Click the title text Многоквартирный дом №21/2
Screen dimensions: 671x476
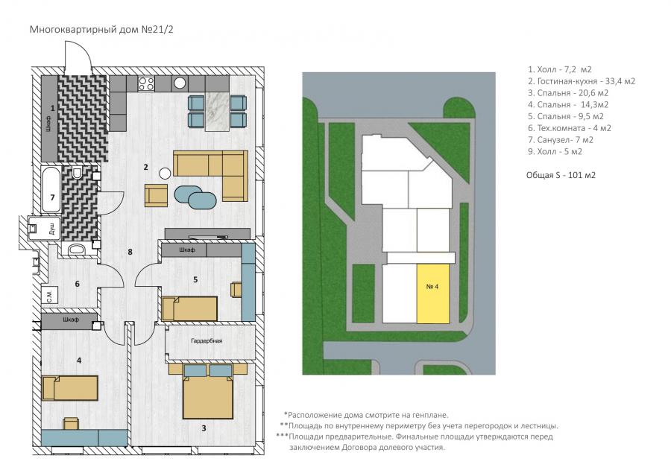[x=101, y=30]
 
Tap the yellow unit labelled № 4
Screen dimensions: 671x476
[x=433, y=293]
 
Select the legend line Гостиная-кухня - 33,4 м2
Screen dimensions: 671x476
[x=581, y=81]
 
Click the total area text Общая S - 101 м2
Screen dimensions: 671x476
[x=561, y=175]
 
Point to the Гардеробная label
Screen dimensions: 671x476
[x=207, y=341]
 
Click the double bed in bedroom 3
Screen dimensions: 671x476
[x=208, y=391]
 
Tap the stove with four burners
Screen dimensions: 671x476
[x=146, y=83]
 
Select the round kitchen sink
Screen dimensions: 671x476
[x=180, y=83]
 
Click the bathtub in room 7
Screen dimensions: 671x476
[x=51, y=189]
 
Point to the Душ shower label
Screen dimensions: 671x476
[x=52, y=229]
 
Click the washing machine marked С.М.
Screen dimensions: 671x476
[x=50, y=295]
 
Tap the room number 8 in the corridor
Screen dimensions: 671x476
[x=130, y=252]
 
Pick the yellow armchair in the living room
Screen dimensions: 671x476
[x=157, y=195]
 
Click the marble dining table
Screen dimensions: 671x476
[x=218, y=111]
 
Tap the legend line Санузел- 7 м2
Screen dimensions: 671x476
[x=560, y=140]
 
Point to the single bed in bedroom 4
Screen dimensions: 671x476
[x=70, y=387]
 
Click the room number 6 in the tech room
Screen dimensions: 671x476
[x=77, y=284]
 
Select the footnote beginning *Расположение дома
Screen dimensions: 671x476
[x=366, y=415]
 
